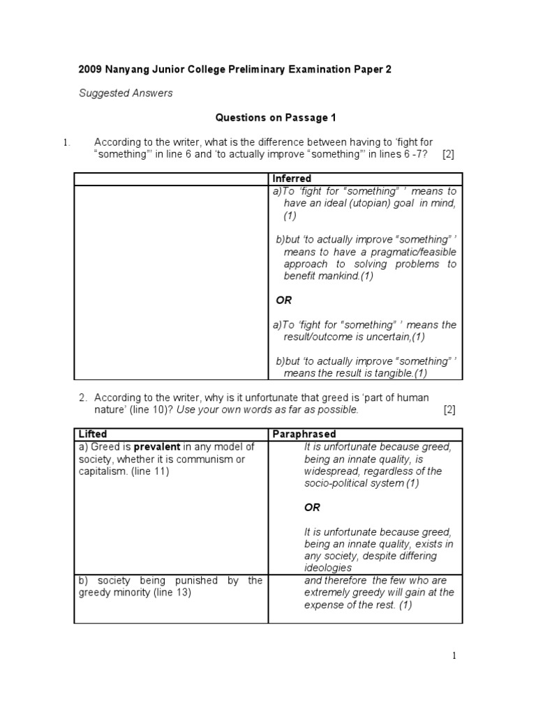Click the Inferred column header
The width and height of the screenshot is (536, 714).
(x=292, y=178)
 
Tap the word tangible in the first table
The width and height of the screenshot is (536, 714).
(x=392, y=374)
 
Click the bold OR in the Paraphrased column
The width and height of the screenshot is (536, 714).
(x=312, y=508)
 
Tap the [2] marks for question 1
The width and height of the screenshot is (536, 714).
(x=448, y=154)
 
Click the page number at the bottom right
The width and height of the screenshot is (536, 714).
(x=454, y=655)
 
